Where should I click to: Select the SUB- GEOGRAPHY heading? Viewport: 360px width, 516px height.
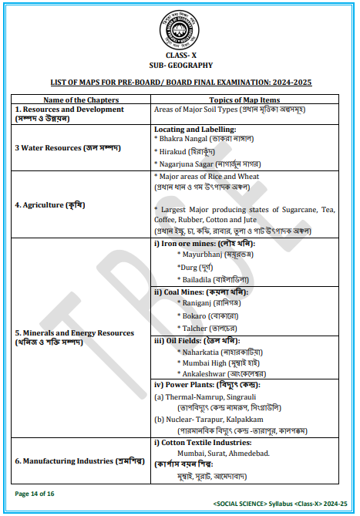tap(179, 67)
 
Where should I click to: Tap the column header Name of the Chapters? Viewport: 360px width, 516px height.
tap(81, 100)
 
